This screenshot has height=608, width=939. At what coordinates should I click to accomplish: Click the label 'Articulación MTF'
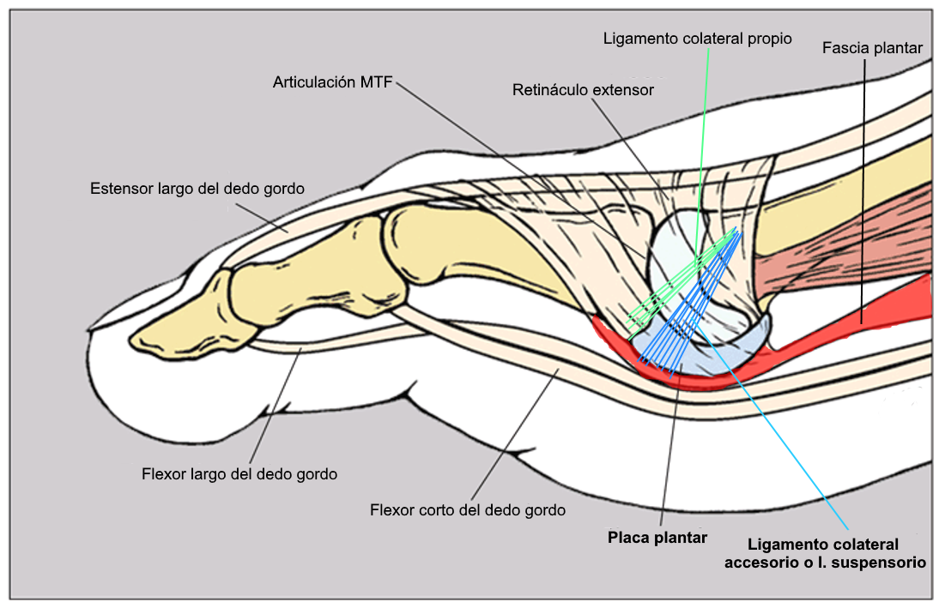pyautogui.click(x=333, y=82)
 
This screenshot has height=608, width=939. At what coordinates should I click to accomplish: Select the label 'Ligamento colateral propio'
pyautogui.click(x=697, y=39)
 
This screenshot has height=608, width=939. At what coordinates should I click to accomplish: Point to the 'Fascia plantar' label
pyautogui.click(x=871, y=48)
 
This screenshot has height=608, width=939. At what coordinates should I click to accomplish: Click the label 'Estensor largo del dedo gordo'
pyautogui.click(x=197, y=187)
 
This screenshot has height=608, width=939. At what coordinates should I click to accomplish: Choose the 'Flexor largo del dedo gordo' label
pyautogui.click(x=239, y=473)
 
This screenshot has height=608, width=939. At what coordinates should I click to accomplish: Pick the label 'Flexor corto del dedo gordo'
pyautogui.click(x=468, y=510)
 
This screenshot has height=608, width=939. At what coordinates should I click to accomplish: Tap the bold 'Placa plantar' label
pyautogui.click(x=657, y=538)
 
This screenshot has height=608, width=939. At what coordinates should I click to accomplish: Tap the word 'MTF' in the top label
pyautogui.click(x=375, y=82)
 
